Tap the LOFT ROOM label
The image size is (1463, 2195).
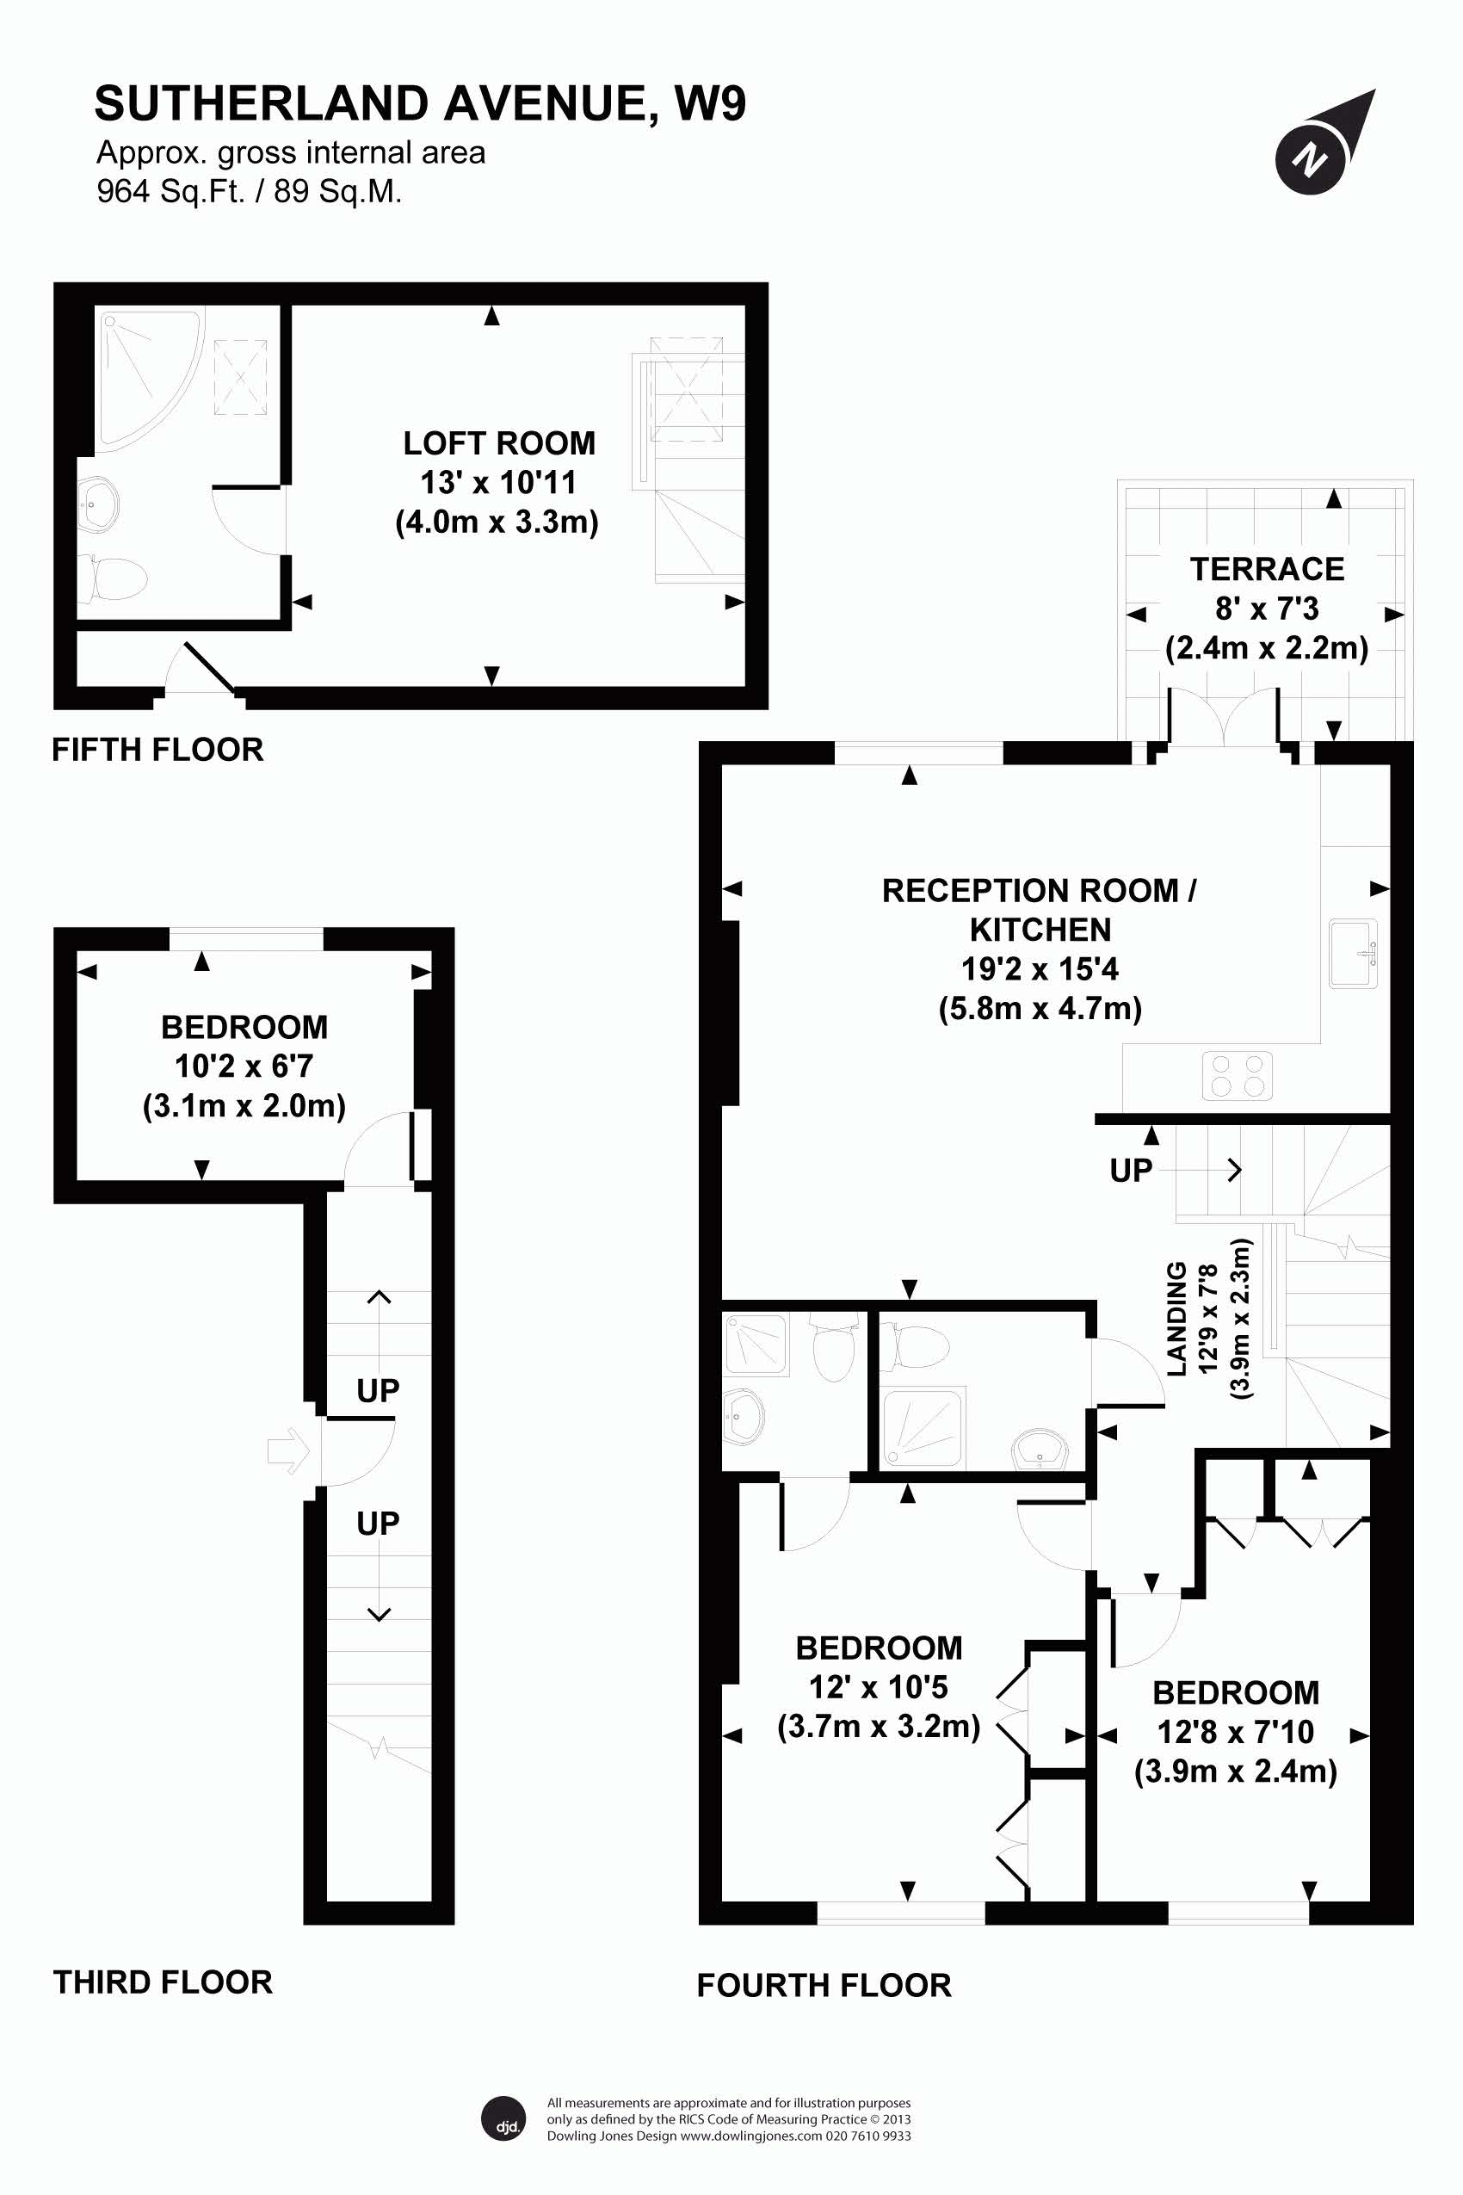[x=498, y=443]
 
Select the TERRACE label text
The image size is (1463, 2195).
[x=1267, y=569]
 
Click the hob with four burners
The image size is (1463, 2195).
[x=1237, y=1075]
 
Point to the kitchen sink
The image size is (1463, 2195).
[x=1353, y=953]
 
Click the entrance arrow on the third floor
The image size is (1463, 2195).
[x=289, y=1451]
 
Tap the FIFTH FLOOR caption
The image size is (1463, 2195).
[x=157, y=750]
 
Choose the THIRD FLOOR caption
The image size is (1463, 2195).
[x=163, y=1982]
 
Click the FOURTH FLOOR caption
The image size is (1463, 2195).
[x=824, y=1985]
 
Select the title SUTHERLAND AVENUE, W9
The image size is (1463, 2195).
[x=420, y=102]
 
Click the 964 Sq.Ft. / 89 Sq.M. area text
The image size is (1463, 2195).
[x=249, y=191]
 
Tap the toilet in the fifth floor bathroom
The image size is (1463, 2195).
[x=111, y=578]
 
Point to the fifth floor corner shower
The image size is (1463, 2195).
[x=147, y=377]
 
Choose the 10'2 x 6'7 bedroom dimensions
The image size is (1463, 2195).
[x=244, y=1066]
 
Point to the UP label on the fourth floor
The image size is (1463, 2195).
[x=1131, y=1171]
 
